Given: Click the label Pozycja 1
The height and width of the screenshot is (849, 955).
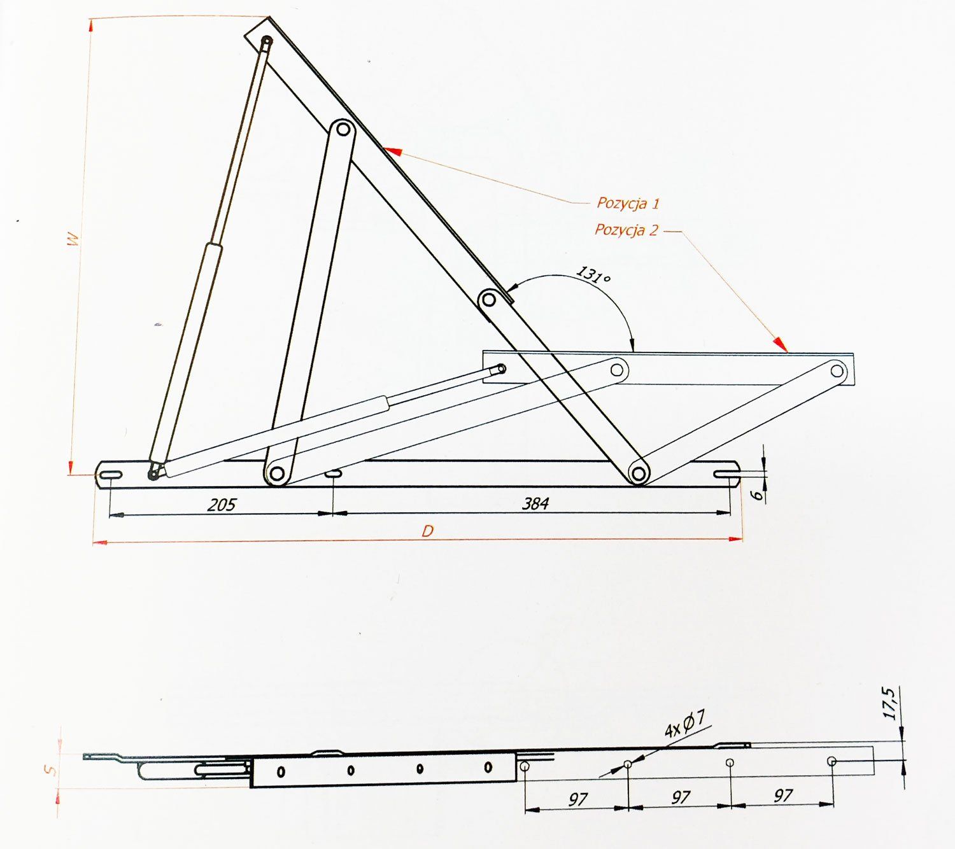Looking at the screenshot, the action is click(628, 203).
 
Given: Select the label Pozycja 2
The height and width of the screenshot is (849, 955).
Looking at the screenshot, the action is click(626, 230).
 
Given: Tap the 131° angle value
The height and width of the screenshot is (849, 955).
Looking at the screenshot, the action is click(593, 275).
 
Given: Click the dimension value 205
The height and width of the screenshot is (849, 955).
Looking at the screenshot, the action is click(221, 505).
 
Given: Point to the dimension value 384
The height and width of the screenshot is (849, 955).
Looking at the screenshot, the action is click(535, 503).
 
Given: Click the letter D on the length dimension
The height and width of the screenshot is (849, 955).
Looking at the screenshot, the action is click(427, 531).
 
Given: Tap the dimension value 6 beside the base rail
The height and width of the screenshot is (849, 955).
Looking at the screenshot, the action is click(756, 495).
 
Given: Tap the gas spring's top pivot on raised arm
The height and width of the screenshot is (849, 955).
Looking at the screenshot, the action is click(267, 41).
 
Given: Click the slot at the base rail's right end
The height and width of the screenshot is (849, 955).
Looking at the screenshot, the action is click(726, 474).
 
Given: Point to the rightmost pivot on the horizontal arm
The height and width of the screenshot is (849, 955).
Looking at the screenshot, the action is click(837, 371).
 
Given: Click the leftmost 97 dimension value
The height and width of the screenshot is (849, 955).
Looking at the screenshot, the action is click(578, 799).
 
